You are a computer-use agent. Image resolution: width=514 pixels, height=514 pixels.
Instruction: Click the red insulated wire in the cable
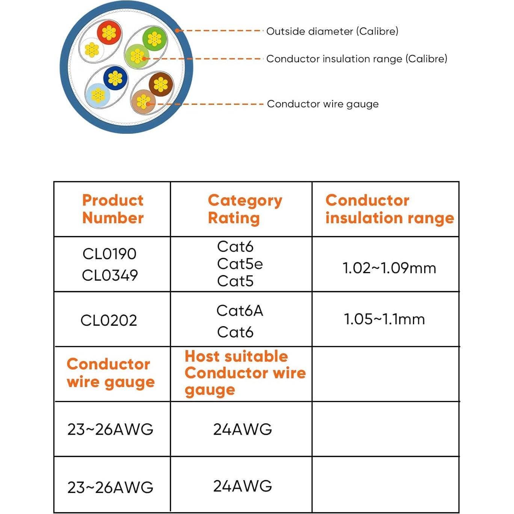(109, 33)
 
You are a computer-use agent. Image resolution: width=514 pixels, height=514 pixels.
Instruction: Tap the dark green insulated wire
(154, 39)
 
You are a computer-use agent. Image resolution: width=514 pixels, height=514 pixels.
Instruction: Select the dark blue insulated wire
(115, 79)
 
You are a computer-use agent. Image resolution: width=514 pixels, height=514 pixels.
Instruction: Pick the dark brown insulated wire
(160, 84)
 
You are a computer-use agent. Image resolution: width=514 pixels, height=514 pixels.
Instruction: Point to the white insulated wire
(92, 50)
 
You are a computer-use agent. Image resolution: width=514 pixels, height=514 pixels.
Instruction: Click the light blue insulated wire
(98, 95)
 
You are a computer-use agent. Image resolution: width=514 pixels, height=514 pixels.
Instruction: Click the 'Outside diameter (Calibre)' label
(332, 32)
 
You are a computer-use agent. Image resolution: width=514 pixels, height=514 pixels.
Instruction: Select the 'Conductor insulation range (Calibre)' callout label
(357, 59)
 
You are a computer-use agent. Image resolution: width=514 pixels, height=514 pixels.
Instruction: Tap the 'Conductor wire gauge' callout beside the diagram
(323, 104)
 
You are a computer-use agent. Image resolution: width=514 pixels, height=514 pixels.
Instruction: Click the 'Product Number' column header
(113, 209)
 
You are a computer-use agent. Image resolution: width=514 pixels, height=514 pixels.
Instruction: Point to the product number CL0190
(109, 254)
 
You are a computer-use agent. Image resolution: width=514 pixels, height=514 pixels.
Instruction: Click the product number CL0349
(110, 275)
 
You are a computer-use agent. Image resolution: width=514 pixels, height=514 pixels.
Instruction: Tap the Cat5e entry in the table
(240, 264)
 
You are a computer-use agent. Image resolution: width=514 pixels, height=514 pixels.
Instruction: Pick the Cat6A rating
(240, 310)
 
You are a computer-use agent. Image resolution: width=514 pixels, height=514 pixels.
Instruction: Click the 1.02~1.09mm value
(389, 268)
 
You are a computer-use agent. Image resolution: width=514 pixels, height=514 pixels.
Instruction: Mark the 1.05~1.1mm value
(384, 319)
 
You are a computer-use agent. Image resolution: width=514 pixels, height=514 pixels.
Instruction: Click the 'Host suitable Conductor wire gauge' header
(245, 373)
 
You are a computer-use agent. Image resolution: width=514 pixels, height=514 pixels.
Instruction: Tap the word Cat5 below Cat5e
(235, 281)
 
